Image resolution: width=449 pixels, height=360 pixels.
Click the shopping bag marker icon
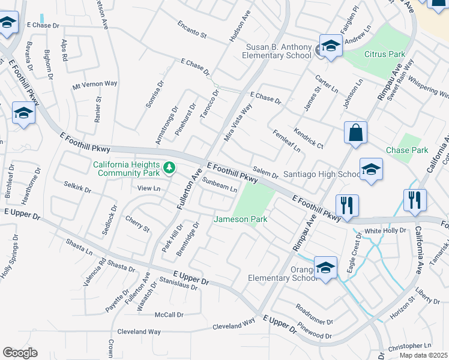click(355, 133)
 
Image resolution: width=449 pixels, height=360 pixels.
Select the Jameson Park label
click(241, 220)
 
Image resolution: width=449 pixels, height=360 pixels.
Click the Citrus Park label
click(385, 54)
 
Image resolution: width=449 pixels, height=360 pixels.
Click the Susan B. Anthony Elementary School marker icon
click(330, 46)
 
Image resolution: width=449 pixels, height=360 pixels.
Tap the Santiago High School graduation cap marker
click(371, 169)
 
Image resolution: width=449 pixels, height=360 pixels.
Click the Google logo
click(20, 353)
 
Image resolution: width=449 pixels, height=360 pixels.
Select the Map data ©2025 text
click(423, 355)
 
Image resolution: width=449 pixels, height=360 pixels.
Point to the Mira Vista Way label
click(238, 122)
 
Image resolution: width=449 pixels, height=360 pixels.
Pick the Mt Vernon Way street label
click(94, 84)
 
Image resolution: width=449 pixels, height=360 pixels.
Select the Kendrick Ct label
click(309, 138)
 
